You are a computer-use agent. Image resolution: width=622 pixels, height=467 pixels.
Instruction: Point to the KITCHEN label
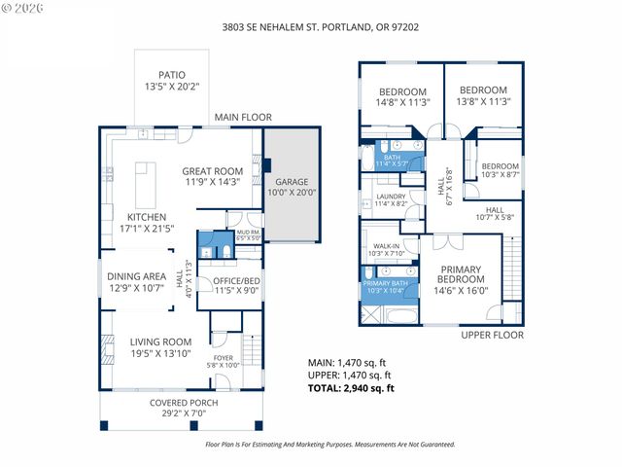147,217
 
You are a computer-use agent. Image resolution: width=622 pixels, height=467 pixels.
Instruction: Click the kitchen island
147,180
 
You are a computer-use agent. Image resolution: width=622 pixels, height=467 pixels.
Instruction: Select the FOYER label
224,358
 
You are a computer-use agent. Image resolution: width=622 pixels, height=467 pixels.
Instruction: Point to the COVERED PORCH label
183,402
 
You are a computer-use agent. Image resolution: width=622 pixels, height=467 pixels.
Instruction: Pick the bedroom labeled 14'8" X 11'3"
400,94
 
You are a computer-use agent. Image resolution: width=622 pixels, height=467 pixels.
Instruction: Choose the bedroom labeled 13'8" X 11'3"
484,94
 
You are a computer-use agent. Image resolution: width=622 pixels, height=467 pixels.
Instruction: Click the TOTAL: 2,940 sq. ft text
351,388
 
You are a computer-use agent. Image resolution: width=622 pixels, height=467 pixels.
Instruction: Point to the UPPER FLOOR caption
493,335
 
